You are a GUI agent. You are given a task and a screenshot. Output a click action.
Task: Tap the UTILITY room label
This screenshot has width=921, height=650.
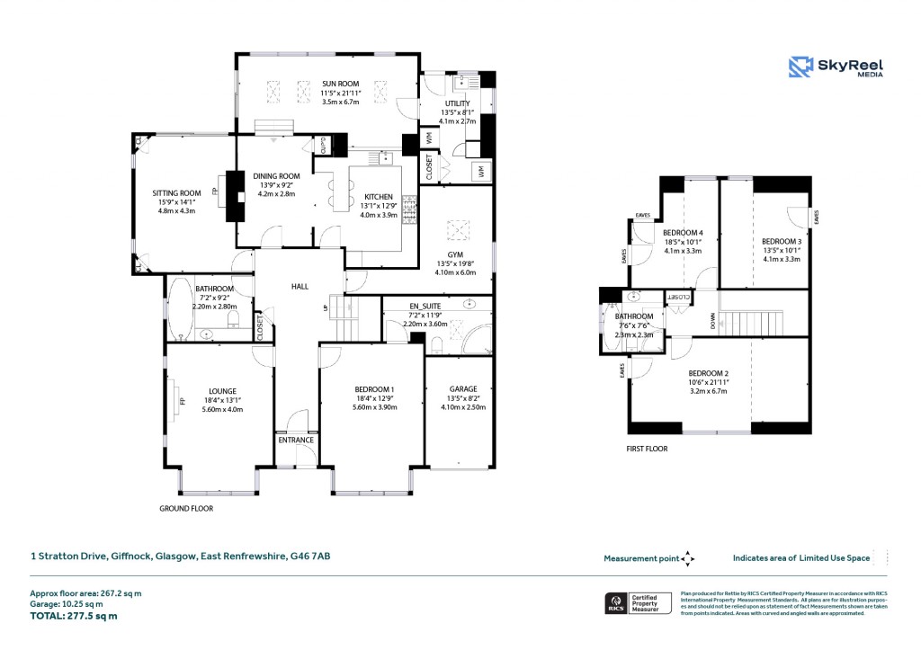(458, 104)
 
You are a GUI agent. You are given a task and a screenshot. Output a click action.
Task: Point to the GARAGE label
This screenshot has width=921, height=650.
(459, 388)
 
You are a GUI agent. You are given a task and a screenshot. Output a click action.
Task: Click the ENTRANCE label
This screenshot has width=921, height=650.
(296, 440)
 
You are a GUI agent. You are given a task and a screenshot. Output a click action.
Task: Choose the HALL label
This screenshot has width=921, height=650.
(300, 286)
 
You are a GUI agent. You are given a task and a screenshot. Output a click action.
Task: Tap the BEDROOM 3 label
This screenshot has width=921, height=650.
(781, 241)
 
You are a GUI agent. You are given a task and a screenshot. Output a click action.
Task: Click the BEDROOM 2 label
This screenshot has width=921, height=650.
(708, 373)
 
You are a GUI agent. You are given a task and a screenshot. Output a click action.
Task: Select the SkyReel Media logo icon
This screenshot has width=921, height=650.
(800, 67)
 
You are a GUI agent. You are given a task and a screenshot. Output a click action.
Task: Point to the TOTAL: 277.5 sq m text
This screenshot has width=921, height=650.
(74, 616)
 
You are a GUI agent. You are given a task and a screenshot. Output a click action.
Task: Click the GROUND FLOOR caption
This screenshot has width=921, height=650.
(186, 508)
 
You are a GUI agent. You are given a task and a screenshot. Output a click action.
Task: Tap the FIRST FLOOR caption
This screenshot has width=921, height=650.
(648, 448)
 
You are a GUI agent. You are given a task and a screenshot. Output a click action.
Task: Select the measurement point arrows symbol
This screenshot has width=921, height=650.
(688, 558)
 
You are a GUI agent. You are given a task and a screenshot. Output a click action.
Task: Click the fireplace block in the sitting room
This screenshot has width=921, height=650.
(235, 196)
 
